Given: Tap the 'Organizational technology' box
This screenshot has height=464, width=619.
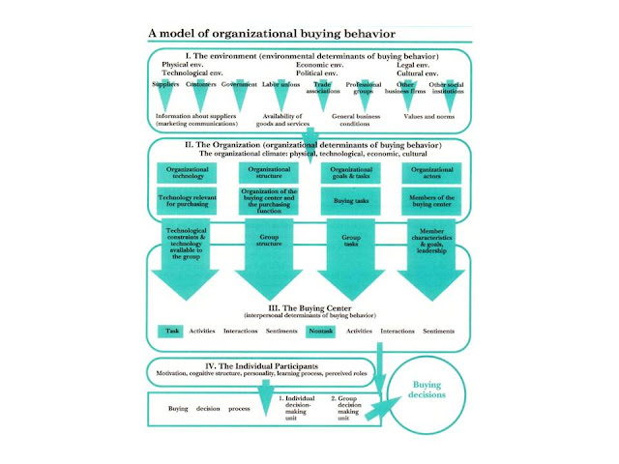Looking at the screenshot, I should point(186,172).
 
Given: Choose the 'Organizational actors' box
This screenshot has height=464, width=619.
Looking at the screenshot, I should point(431,172).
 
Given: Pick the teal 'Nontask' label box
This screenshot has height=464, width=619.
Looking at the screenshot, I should point(321,332).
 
